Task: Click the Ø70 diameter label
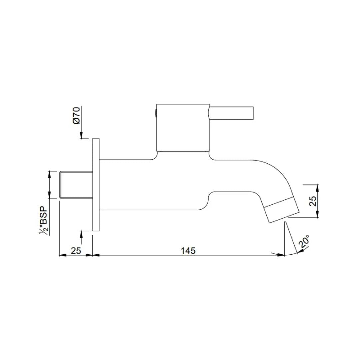[x=76, y=116]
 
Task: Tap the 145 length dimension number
[x=188, y=250]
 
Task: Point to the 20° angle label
[x=304, y=242]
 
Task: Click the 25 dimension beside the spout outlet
[x=313, y=201]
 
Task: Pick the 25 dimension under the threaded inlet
[x=76, y=250]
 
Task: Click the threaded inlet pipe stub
[x=75, y=185]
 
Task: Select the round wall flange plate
[x=96, y=185]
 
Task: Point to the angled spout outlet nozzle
[x=282, y=209]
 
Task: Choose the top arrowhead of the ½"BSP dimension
[x=50, y=173]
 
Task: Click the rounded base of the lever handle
[x=209, y=113]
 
